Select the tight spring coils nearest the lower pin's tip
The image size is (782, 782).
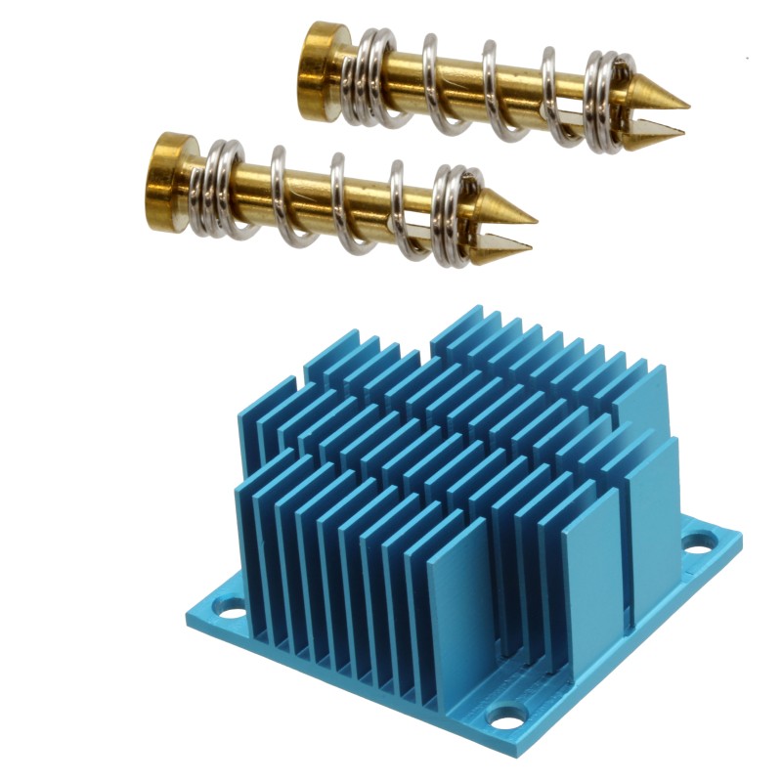(x=455, y=210)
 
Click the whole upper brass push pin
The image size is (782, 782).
(x=489, y=88)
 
